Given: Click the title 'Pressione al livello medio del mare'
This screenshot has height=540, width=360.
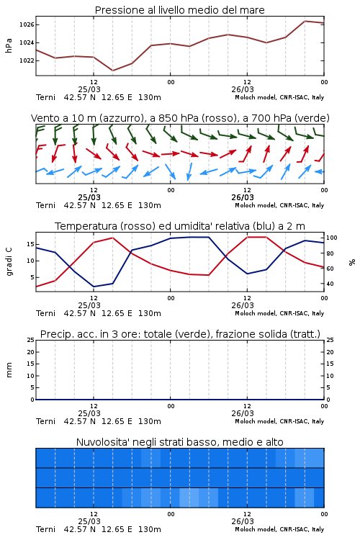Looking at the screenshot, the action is click(179, 10).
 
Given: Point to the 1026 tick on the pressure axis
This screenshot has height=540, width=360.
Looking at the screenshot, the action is click(26, 24).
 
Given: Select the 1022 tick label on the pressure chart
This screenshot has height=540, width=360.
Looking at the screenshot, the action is click(26, 60).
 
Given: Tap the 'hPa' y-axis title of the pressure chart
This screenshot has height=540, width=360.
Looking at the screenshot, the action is click(9, 45).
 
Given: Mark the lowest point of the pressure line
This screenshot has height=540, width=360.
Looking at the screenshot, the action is click(112, 71).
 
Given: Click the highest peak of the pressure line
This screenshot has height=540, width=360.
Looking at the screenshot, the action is click(305, 21).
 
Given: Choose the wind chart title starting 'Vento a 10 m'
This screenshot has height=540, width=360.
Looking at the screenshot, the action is click(180, 118).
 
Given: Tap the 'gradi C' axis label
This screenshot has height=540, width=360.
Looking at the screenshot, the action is click(9, 261).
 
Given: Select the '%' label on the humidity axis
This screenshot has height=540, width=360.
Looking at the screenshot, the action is click(352, 262).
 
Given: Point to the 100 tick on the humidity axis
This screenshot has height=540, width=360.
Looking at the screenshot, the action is click(331, 238).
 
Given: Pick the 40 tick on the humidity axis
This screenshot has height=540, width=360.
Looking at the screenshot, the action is click(330, 284).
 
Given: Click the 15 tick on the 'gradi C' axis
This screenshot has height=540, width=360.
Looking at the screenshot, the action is click(30, 244).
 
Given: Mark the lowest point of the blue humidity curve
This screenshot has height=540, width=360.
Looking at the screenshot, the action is click(94, 287).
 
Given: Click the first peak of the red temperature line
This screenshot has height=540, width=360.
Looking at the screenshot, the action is click(112, 238).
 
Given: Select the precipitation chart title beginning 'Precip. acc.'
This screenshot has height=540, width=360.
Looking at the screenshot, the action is click(180, 334).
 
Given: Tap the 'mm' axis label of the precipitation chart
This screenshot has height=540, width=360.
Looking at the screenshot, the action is click(9, 370).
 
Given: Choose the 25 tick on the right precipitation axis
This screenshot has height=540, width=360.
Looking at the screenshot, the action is click(330, 340).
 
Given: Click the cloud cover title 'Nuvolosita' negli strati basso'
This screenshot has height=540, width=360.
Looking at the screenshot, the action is click(179, 442).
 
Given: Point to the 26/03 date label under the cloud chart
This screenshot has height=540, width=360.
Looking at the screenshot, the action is click(243, 521).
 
